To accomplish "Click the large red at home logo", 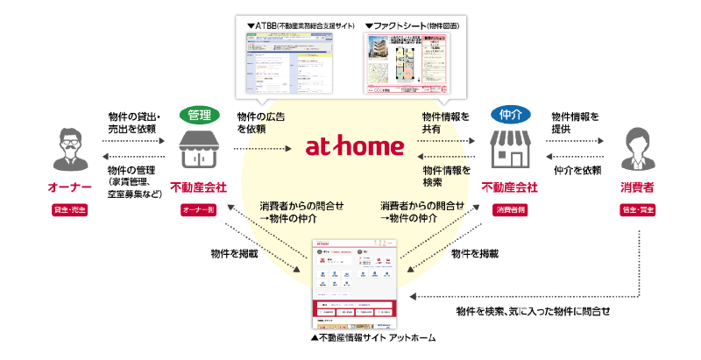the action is pyautogui.click(x=354, y=146).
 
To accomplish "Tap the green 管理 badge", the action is pyautogui.click(x=200, y=115).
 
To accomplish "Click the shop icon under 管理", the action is pyautogui.click(x=199, y=148).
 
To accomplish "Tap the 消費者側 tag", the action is pyautogui.click(x=509, y=210).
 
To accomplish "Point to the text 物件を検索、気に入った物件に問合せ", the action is pyautogui.click(x=533, y=312).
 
